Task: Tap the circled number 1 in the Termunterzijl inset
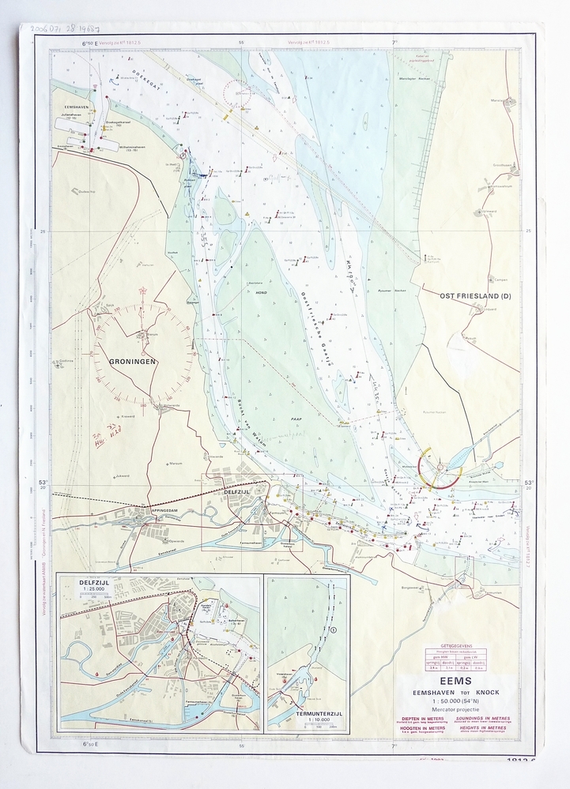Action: (x=333, y=629)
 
